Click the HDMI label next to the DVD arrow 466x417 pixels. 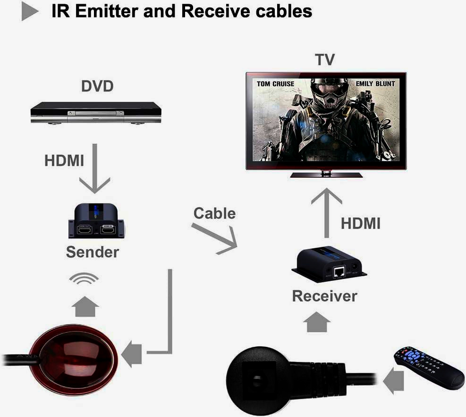pos(64,160)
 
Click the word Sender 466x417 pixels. pos(93,252)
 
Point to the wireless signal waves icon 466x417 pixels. pos(84,279)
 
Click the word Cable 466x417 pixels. pos(214,213)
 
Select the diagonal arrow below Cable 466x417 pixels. pos(215,238)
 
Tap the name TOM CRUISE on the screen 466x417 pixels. pos(275,84)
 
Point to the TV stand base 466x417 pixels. pos(326,175)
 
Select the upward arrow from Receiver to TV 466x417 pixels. pos(326,212)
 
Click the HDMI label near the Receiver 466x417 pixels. pos(361,223)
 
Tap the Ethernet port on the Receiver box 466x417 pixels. pos(339,272)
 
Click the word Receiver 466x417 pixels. pos(325,296)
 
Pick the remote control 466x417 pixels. pos(429,368)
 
